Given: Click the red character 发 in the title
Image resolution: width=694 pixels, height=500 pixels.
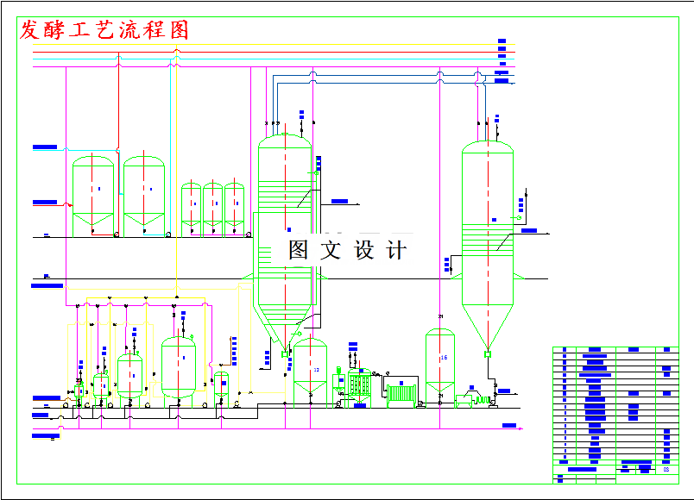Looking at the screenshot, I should (x=30, y=30).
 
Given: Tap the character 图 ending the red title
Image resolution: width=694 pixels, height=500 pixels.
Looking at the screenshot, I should (x=179, y=30).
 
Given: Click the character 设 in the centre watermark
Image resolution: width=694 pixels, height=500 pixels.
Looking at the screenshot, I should (x=363, y=250).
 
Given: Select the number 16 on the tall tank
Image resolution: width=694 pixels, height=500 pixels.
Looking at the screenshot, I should (x=444, y=357).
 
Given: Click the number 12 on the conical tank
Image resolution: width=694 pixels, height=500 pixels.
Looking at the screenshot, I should (x=316, y=370).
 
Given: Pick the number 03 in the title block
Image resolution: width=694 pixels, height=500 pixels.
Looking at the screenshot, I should (x=666, y=470).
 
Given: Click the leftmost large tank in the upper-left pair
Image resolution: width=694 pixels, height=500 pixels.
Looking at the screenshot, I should (x=93, y=195).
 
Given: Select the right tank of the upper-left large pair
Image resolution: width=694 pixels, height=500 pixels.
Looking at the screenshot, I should (x=144, y=195).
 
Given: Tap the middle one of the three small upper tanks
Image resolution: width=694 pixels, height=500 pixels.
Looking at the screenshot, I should (x=213, y=207).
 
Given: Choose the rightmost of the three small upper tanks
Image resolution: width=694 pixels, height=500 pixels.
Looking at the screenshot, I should (x=235, y=207).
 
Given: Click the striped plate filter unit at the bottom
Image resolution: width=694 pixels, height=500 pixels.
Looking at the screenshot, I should (x=401, y=393).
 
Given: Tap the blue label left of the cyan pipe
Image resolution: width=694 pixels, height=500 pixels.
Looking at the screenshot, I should (x=45, y=148).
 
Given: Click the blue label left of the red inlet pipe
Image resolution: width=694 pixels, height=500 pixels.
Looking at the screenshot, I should (x=45, y=203).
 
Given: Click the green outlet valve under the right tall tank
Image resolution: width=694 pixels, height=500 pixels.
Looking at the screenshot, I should (x=488, y=353).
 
